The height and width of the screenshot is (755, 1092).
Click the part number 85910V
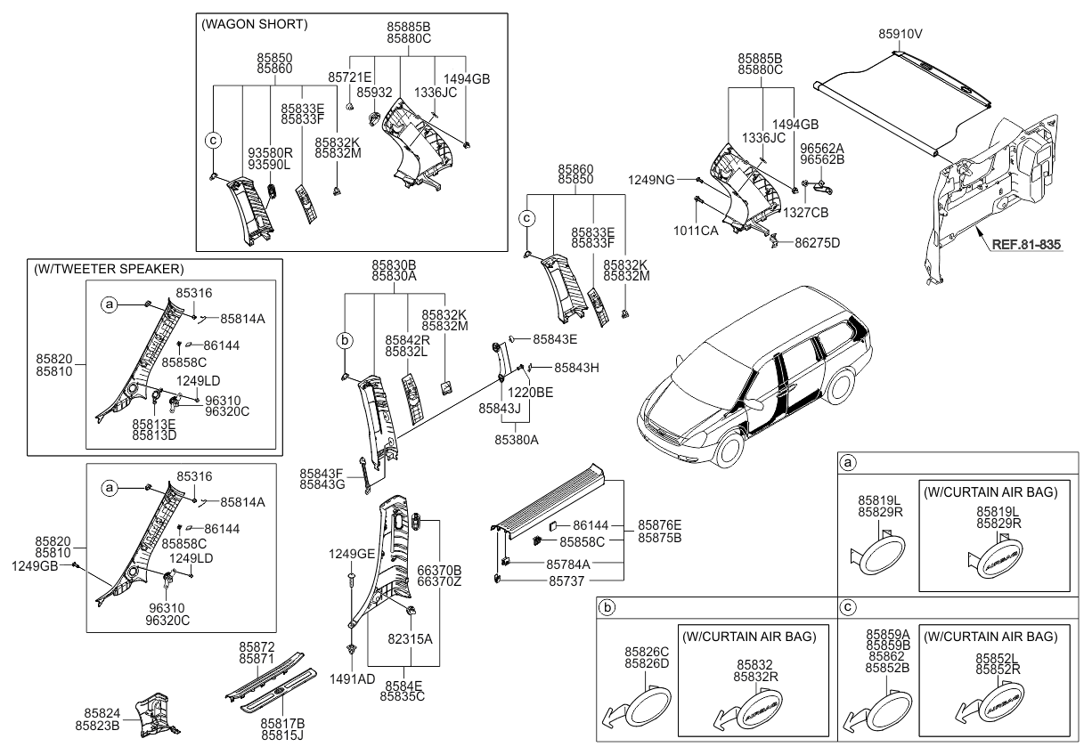[900, 34]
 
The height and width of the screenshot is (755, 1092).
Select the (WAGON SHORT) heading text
[256, 25]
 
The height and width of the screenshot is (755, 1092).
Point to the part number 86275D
[818, 242]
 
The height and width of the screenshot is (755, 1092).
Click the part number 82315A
[410, 638]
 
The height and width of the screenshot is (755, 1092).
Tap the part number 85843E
[555, 339]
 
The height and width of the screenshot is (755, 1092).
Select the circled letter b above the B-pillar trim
[346, 339]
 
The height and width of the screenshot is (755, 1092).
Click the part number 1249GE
[352, 554]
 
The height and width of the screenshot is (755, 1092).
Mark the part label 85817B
[282, 723]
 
